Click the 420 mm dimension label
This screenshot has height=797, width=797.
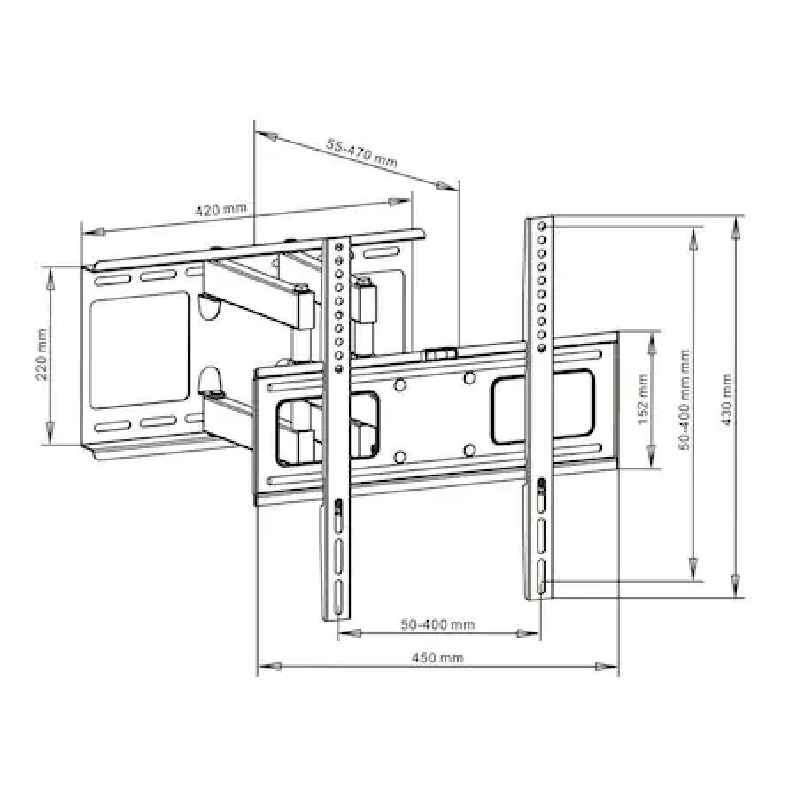[221, 209]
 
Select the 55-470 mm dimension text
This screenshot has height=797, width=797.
[361, 153]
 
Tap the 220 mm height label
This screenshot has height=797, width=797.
[42, 355]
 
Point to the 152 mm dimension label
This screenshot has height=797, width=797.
[643, 399]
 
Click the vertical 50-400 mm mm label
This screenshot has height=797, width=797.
[685, 399]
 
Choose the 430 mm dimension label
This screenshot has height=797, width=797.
[727, 399]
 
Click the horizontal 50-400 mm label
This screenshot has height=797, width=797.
[437, 624]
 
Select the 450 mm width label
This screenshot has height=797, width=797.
[437, 658]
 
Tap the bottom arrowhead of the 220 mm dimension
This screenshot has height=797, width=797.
[50, 435]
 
